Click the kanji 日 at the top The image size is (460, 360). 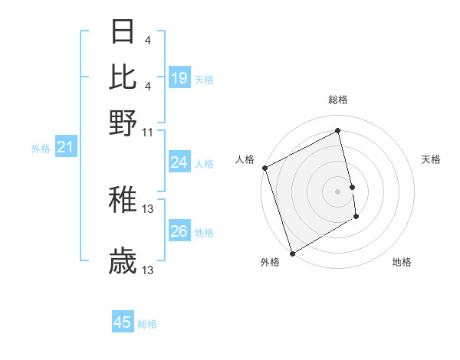(123, 33)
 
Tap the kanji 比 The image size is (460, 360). (123, 77)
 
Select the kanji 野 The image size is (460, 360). (123, 122)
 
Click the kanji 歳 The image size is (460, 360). (123, 263)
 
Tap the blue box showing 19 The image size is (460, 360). (179, 78)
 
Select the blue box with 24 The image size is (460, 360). (179, 162)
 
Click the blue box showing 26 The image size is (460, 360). (179, 231)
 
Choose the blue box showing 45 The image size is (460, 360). (123, 322)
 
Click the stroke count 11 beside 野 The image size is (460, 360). (148, 131)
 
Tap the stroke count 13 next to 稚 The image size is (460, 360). (148, 208)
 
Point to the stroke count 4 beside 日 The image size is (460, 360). (147, 41)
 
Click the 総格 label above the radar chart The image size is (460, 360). (337, 100)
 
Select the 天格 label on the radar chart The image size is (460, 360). (431, 159)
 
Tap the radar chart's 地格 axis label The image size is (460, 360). (402, 262)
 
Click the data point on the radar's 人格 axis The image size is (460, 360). (264, 168)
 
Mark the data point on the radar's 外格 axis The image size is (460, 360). (292, 253)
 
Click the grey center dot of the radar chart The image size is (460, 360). (337, 191)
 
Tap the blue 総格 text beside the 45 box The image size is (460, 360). (147, 324)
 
